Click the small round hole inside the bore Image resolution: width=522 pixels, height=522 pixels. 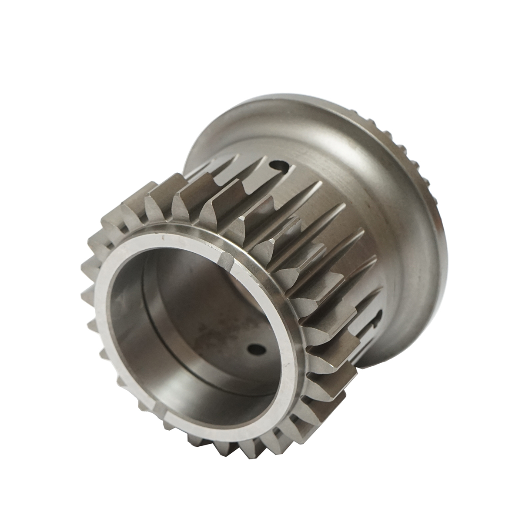254,349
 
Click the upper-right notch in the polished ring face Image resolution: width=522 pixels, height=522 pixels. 227,260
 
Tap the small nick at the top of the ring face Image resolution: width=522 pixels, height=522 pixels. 162,237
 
